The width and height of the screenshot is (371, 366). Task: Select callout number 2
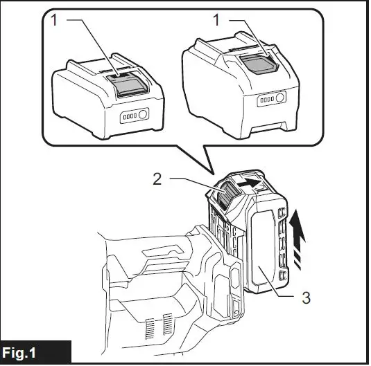click(x=159, y=178)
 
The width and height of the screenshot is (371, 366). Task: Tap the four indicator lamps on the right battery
click(x=266, y=100)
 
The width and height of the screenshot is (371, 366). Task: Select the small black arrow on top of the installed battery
click(x=247, y=182)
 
